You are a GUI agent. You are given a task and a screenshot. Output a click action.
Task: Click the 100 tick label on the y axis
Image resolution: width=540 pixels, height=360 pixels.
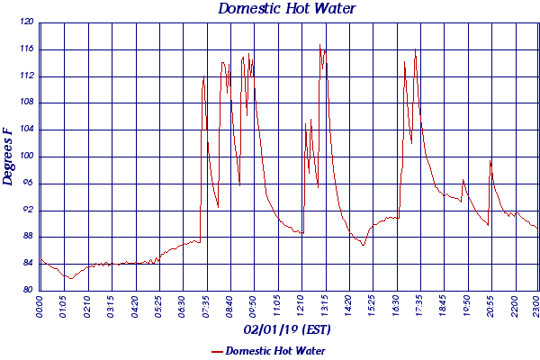click(x=26, y=156)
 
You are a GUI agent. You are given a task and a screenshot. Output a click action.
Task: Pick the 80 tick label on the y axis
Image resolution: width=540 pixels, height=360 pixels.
click(x=28, y=290)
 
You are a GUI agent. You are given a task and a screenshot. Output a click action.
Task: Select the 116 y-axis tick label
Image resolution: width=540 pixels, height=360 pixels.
click(x=26, y=49)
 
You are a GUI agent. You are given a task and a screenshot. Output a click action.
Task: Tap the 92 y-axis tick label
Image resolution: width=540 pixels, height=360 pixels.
click(x=28, y=210)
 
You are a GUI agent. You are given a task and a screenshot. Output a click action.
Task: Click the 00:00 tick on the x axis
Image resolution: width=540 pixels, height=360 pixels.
click(x=40, y=307)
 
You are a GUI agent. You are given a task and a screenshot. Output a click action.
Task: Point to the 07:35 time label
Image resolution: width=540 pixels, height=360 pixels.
click(x=204, y=307)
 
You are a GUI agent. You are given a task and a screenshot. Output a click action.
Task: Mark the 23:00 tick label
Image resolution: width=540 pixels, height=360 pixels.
click(x=535, y=307)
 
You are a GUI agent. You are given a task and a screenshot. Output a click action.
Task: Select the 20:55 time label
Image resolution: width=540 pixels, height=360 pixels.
click(x=490, y=307)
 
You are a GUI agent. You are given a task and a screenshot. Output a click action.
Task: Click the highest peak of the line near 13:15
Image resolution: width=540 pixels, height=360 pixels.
click(x=319, y=45)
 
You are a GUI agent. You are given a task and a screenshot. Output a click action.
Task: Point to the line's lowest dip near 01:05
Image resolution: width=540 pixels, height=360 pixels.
click(x=69, y=279)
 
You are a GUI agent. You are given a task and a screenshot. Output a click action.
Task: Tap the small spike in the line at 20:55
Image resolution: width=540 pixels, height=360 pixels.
click(x=490, y=160)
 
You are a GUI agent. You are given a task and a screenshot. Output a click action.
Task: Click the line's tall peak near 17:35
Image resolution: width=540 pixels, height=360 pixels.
click(x=416, y=49)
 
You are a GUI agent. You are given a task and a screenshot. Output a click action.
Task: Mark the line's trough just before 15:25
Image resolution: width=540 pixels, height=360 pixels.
click(x=364, y=245)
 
